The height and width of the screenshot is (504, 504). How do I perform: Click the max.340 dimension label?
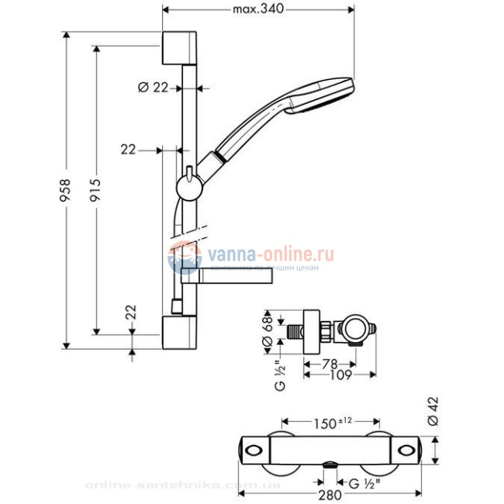pos(258,9)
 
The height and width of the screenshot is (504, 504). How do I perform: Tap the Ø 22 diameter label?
pos(153,88)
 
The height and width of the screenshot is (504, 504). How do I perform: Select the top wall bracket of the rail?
pos(181,50)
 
